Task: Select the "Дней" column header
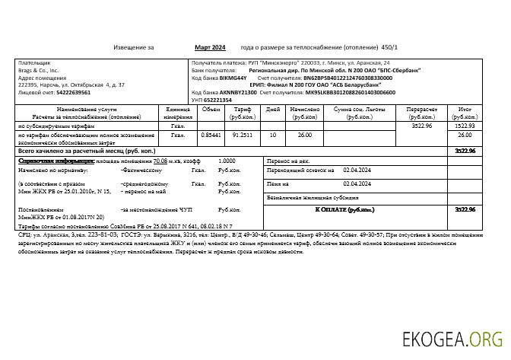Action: coord(274,110)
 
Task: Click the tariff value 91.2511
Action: coord(243,135)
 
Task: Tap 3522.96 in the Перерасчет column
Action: coord(421,126)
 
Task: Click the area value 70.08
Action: coord(160,161)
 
